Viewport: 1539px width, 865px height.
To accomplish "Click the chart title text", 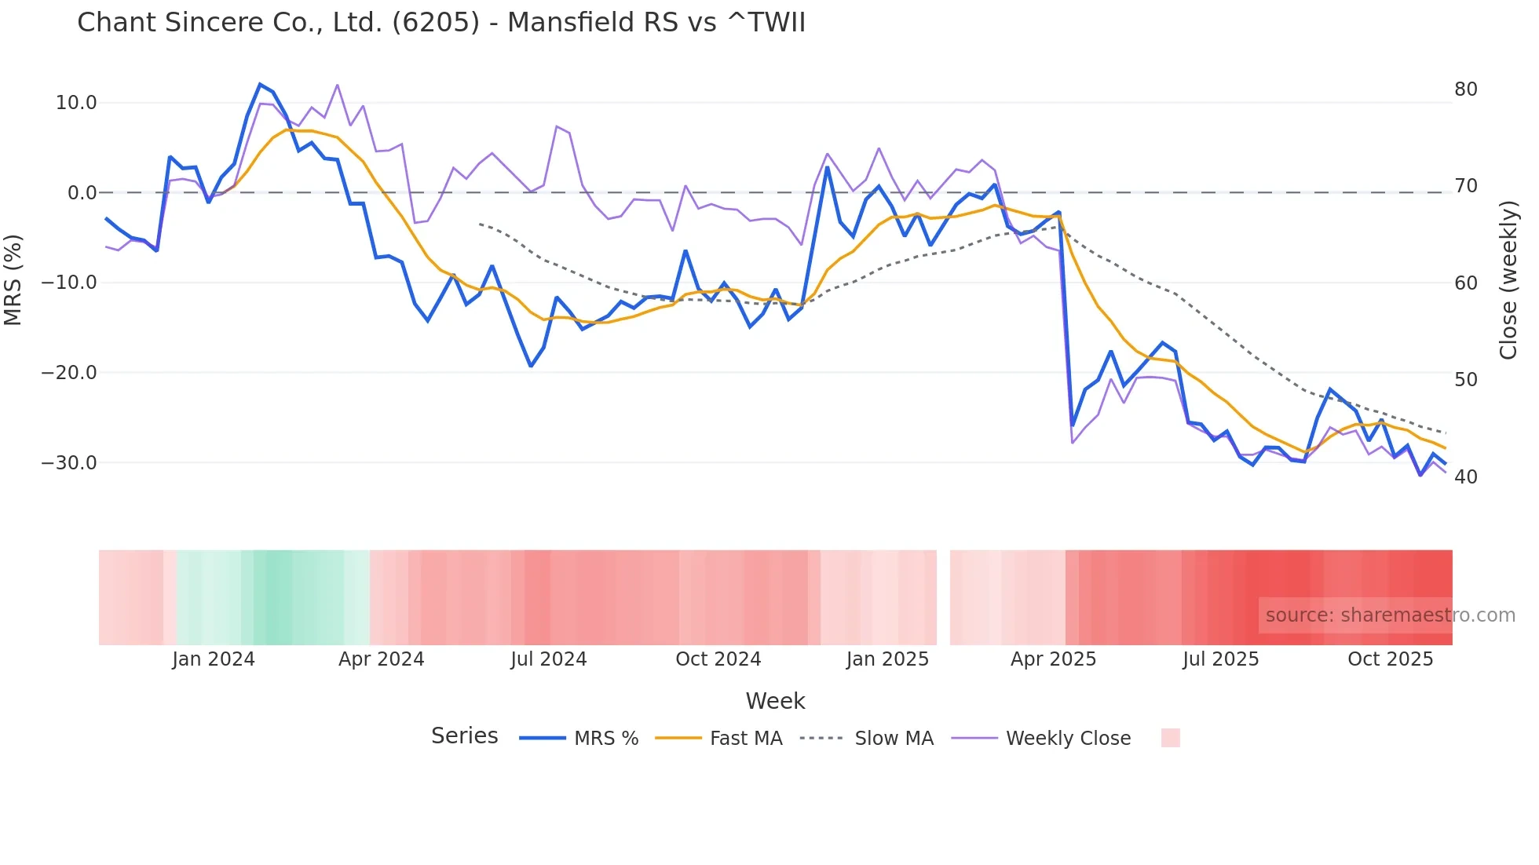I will click(x=441, y=23).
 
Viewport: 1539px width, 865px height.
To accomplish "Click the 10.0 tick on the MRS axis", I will click(x=75, y=103).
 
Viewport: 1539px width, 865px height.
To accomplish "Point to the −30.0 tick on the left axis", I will click(x=69, y=463).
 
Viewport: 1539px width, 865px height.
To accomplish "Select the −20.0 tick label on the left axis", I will click(x=69, y=373).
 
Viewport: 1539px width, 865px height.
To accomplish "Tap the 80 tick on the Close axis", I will click(x=1465, y=89).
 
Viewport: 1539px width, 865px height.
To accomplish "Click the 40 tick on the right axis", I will click(x=1465, y=477).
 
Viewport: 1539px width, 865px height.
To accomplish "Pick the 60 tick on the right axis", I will click(x=1465, y=283).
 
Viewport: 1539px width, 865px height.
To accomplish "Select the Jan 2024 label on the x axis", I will click(x=214, y=659).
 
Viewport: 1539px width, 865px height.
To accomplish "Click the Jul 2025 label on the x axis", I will click(x=1220, y=659).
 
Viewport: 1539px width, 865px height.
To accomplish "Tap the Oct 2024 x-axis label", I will click(x=718, y=659).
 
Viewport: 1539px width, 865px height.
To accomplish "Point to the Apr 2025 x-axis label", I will click(x=1053, y=659).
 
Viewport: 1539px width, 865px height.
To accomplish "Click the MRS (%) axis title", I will click(x=13, y=279).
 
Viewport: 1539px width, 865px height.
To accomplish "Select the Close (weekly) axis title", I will click(x=1508, y=280).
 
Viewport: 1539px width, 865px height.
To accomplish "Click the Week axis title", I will click(x=775, y=701).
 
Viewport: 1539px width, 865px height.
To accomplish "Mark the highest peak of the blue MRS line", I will click(x=260, y=84).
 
